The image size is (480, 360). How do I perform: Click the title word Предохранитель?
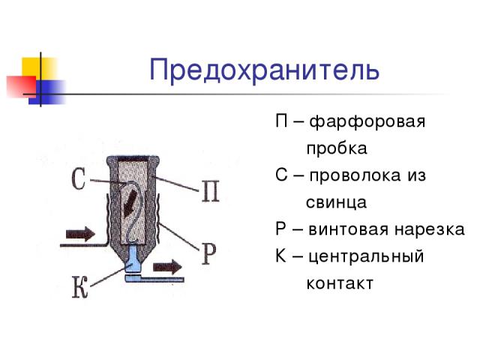(x=264, y=70)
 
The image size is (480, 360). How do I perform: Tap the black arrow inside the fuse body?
(x=131, y=201)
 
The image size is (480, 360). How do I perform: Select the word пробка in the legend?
(x=336, y=148)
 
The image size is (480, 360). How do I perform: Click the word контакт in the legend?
(x=339, y=283)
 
